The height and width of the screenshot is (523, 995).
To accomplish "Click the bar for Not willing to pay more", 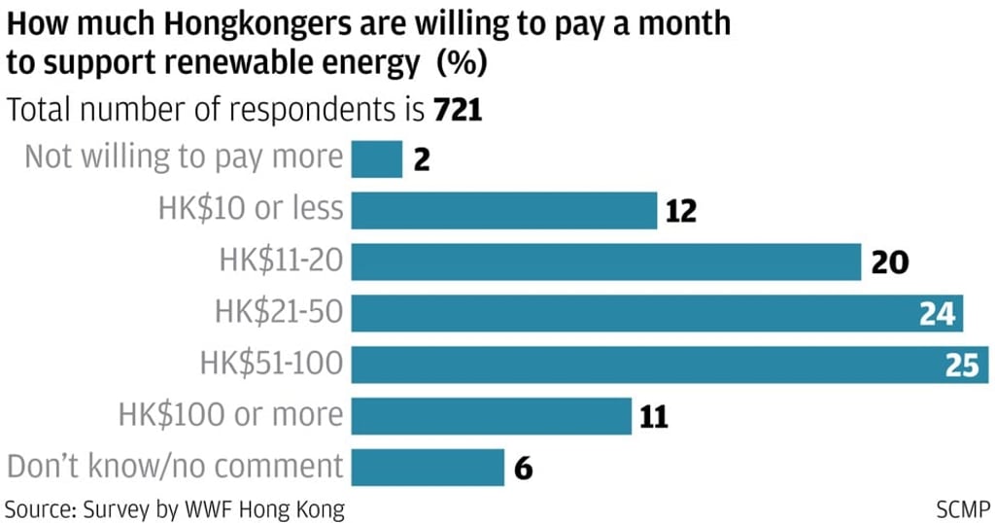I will point(376,158).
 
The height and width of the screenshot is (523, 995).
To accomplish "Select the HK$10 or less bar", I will point(503,210).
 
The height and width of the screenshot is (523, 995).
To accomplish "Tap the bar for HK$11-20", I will point(605,261).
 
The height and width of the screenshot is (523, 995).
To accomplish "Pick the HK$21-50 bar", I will point(632,313).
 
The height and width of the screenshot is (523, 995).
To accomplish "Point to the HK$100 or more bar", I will point(491,416).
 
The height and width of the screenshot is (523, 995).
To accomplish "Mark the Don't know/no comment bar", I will point(428,468).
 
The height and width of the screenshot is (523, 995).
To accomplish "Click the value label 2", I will point(421,159).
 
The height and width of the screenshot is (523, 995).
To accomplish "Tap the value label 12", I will point(681,211).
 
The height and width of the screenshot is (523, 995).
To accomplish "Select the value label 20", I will point(889,262).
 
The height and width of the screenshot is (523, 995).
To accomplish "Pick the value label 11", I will point(654,417).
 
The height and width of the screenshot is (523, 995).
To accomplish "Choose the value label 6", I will point(523,469).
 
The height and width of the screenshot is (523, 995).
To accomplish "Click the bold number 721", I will point(458,110).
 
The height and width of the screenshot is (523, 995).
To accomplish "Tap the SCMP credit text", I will point(962,508).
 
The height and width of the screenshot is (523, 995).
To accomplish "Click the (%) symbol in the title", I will point(462,63).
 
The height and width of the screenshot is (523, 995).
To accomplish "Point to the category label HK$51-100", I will point(272,365).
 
